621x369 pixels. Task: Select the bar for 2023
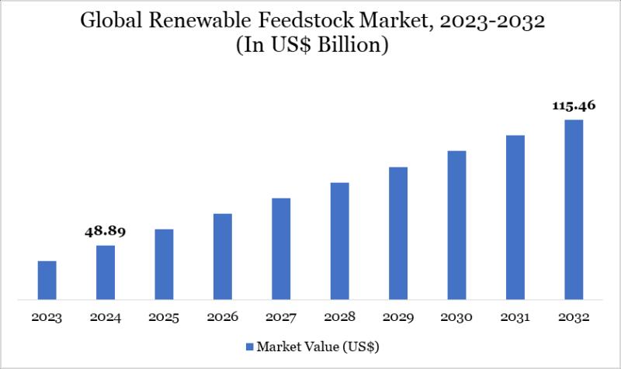(47, 280)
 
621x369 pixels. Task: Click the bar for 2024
(106, 272)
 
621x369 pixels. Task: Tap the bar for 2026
(223, 256)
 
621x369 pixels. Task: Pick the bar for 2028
(339, 240)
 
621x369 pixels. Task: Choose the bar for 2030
(456, 225)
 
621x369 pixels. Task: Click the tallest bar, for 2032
(574, 209)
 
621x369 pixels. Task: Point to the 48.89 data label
(106, 231)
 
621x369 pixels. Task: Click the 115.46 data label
(574, 105)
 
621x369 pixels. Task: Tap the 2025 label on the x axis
(164, 317)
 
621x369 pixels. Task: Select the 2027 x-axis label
(281, 317)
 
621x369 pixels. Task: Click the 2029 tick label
(398, 317)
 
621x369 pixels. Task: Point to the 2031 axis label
(515, 317)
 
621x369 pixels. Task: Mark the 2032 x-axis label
(574, 317)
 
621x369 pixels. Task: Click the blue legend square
(249, 343)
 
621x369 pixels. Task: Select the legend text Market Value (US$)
(318, 343)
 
